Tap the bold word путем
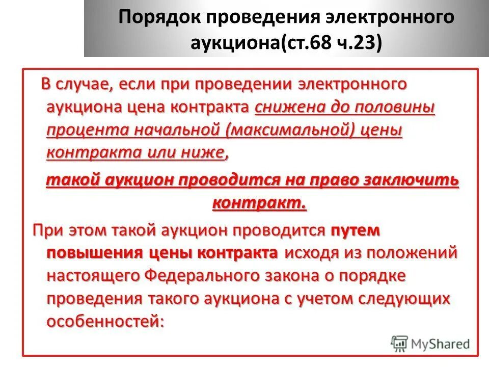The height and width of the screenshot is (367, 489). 356,230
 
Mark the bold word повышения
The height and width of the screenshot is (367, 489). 95,253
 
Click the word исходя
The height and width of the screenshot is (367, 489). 312,253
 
